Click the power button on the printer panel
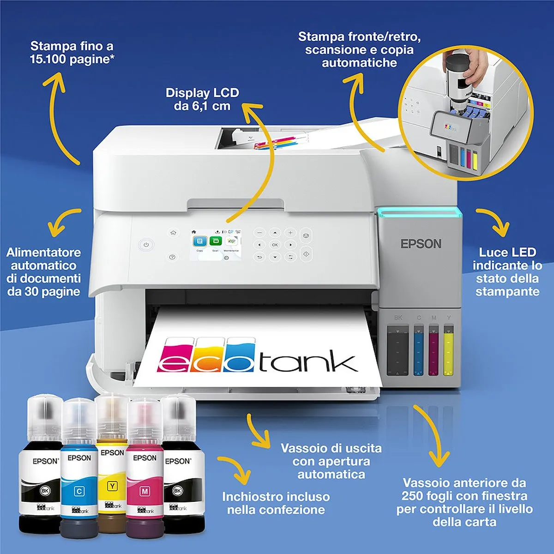(x=146, y=245)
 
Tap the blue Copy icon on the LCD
(x=200, y=241)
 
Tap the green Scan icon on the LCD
(x=215, y=241)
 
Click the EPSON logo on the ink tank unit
(x=421, y=244)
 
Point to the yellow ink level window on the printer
(x=448, y=350)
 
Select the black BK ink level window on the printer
(x=397, y=350)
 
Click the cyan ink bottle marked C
(x=79, y=466)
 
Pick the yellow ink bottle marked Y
(x=112, y=462)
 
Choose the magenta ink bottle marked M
(x=145, y=466)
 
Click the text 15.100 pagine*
(x=72, y=59)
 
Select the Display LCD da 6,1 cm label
(x=202, y=99)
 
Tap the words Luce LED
(x=507, y=253)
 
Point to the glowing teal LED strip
(x=419, y=212)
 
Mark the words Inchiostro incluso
(x=276, y=497)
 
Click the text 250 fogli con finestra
(x=464, y=496)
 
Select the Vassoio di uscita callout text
(x=331, y=448)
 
